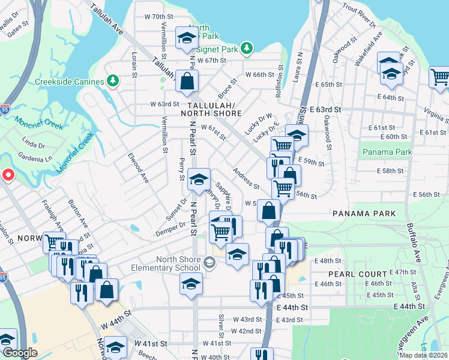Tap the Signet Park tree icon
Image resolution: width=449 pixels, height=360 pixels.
246,47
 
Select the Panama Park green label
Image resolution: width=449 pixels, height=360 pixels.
387,152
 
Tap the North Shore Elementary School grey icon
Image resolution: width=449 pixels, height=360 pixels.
209,262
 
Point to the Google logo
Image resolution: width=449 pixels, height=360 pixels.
19,353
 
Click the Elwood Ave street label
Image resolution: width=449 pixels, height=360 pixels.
139,168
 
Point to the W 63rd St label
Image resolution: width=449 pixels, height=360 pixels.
165,104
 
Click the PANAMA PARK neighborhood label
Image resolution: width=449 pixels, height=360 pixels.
363,214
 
